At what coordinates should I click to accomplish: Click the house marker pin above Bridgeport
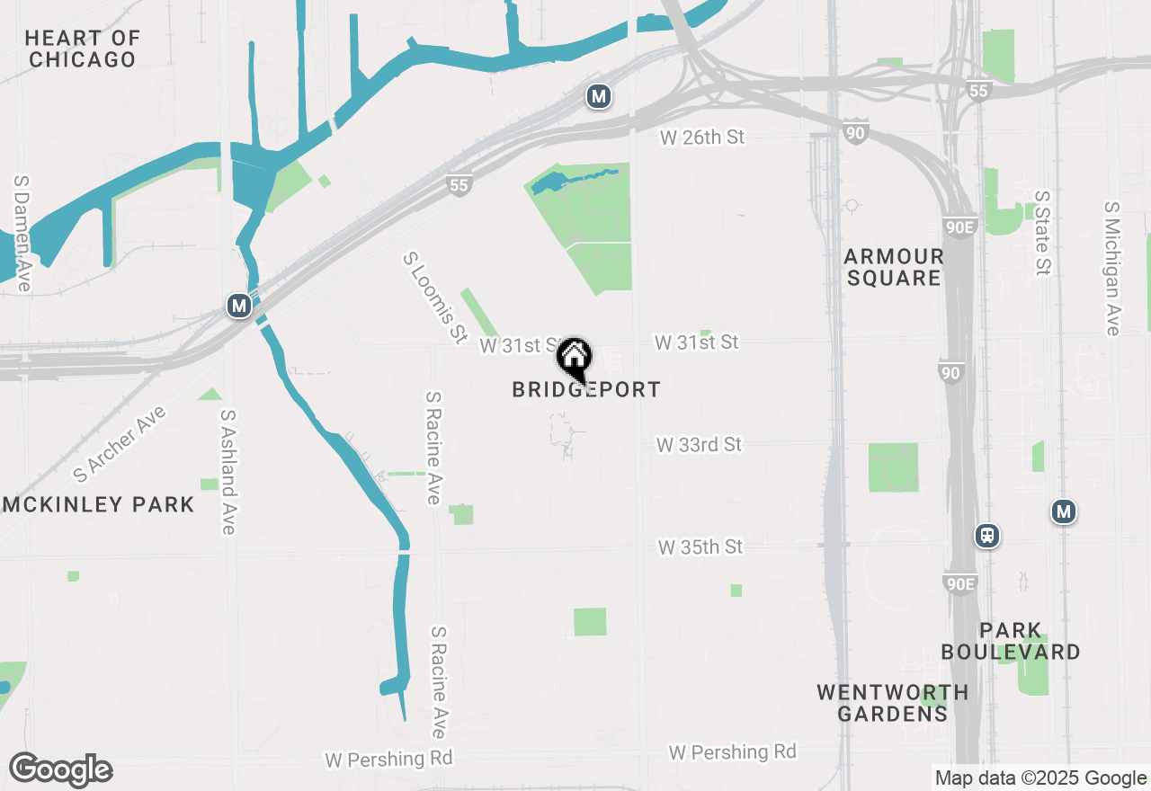click(x=574, y=358)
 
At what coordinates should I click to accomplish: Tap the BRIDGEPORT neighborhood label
click(x=586, y=389)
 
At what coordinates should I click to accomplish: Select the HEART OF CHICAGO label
click(x=83, y=49)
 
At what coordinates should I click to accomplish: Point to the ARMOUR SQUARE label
click(x=894, y=268)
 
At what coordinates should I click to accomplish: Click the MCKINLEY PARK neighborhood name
click(x=97, y=504)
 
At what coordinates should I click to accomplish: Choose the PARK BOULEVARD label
click(x=1011, y=641)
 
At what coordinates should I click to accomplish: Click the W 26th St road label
click(x=703, y=138)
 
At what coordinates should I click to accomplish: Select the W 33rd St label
click(x=699, y=445)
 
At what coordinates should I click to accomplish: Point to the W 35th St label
click(x=700, y=547)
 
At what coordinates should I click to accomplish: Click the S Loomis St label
click(x=435, y=297)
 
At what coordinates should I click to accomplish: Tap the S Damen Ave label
click(x=22, y=233)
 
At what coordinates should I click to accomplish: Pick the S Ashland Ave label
click(x=228, y=472)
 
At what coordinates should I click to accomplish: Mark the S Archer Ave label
click(x=120, y=442)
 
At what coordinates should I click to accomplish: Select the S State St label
click(x=1042, y=233)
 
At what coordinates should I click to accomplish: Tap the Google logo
click(x=61, y=770)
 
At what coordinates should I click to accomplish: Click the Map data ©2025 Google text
click(x=1040, y=778)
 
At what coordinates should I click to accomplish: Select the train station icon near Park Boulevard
click(x=987, y=536)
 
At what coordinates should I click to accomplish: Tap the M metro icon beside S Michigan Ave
click(x=1064, y=512)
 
